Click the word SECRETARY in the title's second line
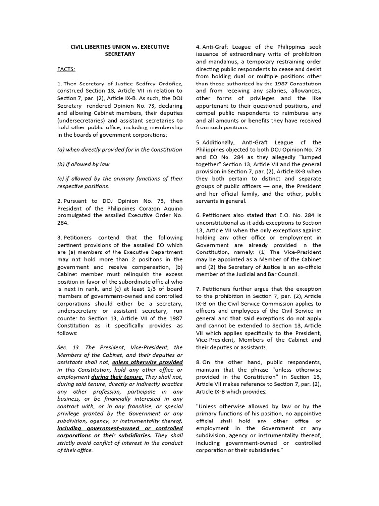point(120,54)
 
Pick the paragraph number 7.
point(198,289)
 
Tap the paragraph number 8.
point(198,362)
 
